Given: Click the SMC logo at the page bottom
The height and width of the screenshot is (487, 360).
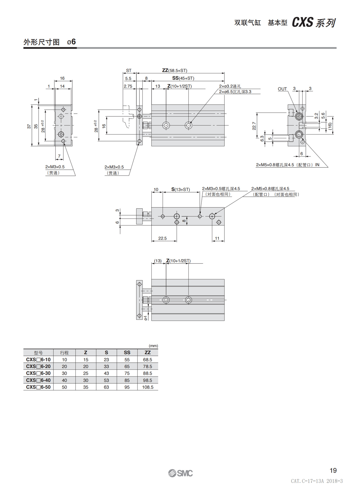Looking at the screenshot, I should (180, 473).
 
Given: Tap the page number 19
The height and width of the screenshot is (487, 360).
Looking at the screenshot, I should (333, 471).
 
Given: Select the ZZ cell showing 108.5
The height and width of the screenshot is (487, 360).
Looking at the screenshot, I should (148, 387).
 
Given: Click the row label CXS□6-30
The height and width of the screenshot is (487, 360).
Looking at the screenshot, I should (38, 373).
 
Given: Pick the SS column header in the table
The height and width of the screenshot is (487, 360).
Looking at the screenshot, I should (127, 352).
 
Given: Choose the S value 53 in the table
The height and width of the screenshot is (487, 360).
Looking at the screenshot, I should (106, 380).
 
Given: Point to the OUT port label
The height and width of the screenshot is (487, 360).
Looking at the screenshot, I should (282, 89).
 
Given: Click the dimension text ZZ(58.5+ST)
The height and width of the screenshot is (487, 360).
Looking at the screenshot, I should (174, 70).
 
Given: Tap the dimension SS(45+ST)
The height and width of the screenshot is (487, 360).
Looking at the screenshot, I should (183, 78).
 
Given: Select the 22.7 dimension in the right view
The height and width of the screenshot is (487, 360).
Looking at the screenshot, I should (254, 126).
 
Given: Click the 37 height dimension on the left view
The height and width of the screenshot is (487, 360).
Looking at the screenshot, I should (29, 126).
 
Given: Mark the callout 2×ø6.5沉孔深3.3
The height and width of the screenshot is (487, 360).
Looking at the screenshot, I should (235, 92).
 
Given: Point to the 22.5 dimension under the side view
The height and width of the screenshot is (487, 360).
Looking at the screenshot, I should (162, 238).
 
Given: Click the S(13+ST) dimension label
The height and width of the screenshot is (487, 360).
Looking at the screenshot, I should (181, 189).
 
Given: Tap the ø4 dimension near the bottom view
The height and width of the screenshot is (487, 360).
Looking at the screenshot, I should (146, 318).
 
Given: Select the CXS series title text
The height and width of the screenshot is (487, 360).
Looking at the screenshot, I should (314, 23).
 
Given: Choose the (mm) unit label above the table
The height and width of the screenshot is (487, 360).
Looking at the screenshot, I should (153, 346).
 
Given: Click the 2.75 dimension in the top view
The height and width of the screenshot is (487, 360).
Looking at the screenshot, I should (128, 86).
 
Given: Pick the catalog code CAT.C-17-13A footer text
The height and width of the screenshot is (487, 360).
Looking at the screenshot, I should (317, 481).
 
